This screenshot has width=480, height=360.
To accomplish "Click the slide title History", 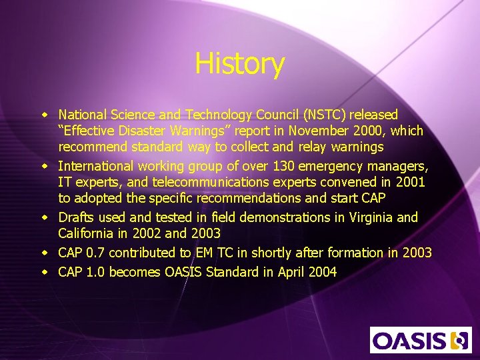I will (239, 64).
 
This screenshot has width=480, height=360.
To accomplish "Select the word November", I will (309, 132).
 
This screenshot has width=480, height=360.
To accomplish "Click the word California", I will (89, 234).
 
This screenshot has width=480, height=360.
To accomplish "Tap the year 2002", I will (145, 234).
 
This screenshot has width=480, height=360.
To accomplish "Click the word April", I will (290, 271).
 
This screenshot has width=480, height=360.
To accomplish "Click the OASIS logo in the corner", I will (421, 340).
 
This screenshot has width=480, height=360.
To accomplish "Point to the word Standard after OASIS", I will (231, 271).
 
